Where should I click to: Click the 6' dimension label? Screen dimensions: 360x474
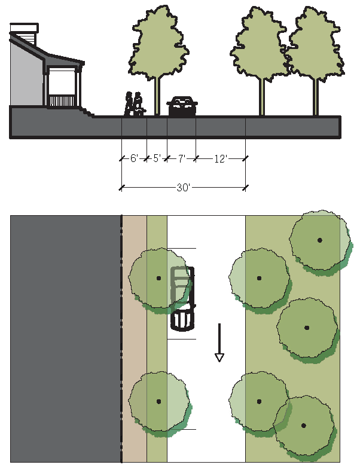(x=135, y=159)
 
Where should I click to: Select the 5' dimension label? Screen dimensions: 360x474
(x=157, y=159)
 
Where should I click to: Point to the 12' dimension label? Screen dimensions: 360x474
(x=221, y=159)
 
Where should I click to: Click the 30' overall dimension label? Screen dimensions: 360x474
(x=183, y=188)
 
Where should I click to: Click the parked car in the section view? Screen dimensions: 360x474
(x=182, y=106)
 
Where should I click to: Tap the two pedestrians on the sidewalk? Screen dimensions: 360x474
(x=135, y=104)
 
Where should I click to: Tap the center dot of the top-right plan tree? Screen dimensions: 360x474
(x=320, y=240)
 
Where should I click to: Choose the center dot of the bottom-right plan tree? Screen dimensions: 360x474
(x=304, y=426)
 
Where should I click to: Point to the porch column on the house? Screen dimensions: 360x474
(x=78, y=87)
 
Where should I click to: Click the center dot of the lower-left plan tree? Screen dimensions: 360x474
(x=158, y=401)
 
